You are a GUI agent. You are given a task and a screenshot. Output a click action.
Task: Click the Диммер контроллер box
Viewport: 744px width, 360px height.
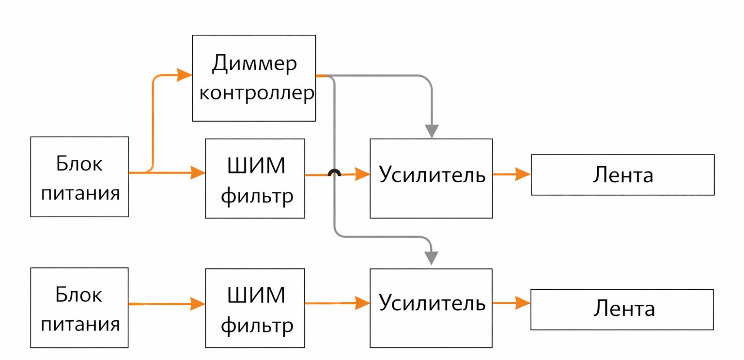[x=254, y=78]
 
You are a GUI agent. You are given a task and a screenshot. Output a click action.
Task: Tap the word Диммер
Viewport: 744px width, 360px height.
[x=254, y=64]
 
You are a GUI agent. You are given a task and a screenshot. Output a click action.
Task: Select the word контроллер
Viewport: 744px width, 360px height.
[x=256, y=94]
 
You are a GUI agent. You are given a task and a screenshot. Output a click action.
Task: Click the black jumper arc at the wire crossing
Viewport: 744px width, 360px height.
[x=334, y=173]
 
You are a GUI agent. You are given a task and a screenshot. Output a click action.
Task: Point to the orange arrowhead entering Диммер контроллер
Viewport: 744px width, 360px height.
[x=185, y=75]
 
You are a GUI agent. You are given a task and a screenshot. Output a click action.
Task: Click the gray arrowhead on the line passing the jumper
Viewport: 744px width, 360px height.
[x=431, y=257]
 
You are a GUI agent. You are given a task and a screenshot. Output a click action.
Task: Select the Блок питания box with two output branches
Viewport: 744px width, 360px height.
[x=79, y=176]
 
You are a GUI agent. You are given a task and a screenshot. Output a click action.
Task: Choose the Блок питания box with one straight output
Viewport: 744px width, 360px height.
[x=79, y=307]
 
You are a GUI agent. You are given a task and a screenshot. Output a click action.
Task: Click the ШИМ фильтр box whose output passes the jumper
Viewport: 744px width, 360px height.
[x=255, y=178]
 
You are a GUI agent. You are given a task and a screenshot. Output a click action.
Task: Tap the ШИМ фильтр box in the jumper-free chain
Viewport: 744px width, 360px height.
[x=255, y=308]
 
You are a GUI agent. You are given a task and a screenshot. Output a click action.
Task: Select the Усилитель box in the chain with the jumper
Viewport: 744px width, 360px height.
[x=431, y=178]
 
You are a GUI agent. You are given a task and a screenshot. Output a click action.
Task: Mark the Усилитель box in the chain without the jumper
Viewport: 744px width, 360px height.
[x=431, y=308]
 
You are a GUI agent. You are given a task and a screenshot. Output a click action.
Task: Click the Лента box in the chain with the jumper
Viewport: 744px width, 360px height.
[x=622, y=174]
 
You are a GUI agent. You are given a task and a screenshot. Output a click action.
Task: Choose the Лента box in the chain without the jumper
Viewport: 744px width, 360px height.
[x=622, y=309]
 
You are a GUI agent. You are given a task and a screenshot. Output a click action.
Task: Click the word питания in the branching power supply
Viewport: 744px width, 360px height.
[x=80, y=193]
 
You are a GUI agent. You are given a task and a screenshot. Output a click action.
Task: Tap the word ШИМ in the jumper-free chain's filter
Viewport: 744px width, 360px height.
[x=256, y=295]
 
